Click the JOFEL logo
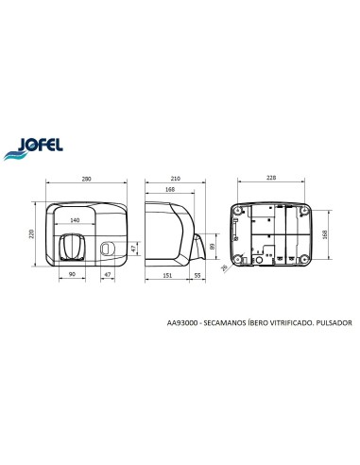pyautogui.click(x=34, y=147)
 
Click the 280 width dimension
pyautogui.click(x=86, y=179)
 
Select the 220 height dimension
pyautogui.click(x=31, y=234)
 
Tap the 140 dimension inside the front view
pyautogui.click(x=75, y=220)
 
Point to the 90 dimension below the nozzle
pyautogui.click(x=72, y=274)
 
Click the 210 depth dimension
pyautogui.click(x=175, y=179)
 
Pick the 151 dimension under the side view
pyautogui.click(x=167, y=275)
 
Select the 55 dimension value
pyautogui.click(x=197, y=275)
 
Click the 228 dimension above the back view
pyautogui.click(x=271, y=178)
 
